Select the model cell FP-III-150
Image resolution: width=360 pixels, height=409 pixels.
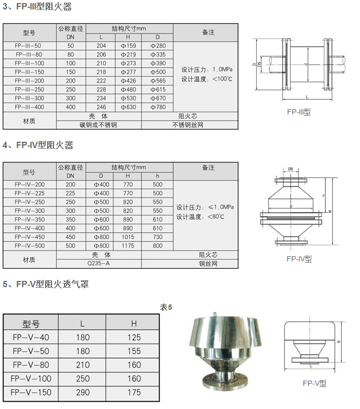pos(29,72)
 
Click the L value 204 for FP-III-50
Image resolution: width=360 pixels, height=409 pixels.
pos(101,46)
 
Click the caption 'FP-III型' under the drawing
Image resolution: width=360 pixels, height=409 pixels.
pos(299,112)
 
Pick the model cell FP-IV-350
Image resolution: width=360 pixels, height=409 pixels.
pos(29,219)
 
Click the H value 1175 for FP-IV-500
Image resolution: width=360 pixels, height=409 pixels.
pos(128,246)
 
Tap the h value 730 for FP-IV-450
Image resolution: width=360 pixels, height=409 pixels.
pos(157,237)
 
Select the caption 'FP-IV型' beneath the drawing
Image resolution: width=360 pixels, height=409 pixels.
pos(299,258)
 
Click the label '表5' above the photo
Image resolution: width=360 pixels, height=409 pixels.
pos(166,307)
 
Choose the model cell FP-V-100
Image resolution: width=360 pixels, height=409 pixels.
pos(30,378)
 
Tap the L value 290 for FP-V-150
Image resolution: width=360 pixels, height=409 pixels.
pos(82,392)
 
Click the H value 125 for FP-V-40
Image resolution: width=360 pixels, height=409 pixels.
pos(134,337)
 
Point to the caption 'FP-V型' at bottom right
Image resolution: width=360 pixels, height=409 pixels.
pos(314,383)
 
